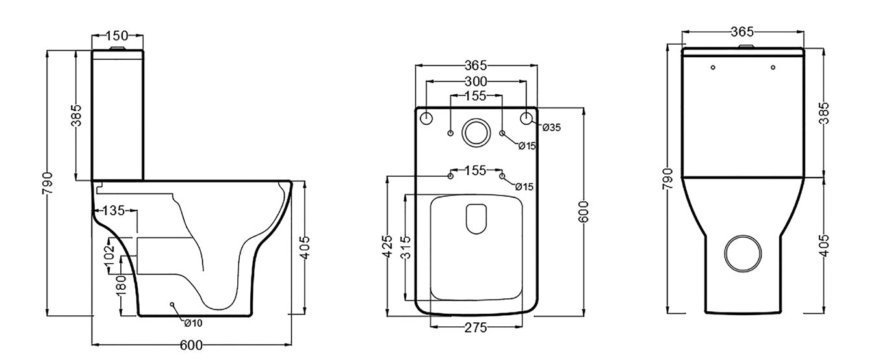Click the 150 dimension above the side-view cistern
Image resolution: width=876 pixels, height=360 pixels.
point(116,36)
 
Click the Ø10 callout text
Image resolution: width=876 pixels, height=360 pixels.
point(193,323)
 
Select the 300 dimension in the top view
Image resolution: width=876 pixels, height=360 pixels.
point(476,82)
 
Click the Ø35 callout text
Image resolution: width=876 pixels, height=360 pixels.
point(552,127)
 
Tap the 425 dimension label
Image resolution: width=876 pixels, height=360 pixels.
point(387,248)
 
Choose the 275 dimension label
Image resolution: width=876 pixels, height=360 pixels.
point(475,328)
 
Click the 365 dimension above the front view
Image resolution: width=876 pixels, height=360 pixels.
point(741,31)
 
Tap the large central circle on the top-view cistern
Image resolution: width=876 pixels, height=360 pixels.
point(476,132)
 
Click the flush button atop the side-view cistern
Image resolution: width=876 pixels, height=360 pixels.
point(117,48)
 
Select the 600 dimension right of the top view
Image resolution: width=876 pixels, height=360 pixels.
point(584,212)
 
